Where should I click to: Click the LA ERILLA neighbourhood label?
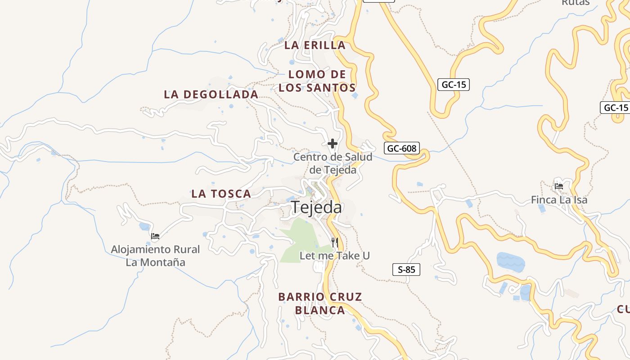(315, 45)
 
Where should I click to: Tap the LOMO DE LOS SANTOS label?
(317, 81)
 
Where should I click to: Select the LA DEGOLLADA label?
(211, 94)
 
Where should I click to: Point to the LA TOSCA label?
(221, 194)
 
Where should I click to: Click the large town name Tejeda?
(316, 207)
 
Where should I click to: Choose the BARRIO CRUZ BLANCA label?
(320, 304)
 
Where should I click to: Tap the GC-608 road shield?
(402, 148)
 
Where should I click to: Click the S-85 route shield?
(406, 270)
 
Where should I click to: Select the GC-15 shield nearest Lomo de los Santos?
(454, 84)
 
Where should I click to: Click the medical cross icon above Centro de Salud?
(333, 144)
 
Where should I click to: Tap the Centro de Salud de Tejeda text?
(333, 163)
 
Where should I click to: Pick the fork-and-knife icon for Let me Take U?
(334, 243)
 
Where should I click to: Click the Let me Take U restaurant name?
(335, 256)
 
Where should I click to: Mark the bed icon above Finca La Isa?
(559, 186)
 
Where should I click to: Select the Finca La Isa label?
(559, 200)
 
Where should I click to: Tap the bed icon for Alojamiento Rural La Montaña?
(155, 236)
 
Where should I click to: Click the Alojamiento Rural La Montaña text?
(155, 256)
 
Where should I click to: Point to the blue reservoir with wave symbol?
(510, 262)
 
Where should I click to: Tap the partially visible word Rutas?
(576, 3)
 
